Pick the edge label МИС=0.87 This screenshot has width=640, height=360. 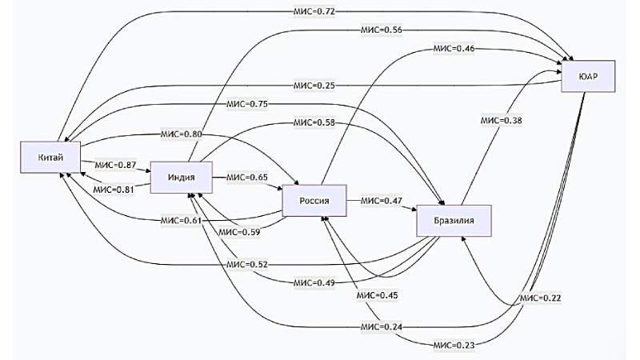[x=116, y=164]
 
